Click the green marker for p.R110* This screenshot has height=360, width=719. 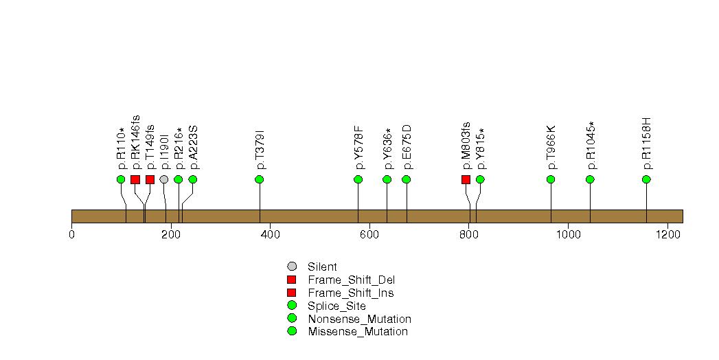(121, 179)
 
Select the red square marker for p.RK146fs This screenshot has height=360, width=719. (135, 179)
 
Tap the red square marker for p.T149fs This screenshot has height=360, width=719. (150, 179)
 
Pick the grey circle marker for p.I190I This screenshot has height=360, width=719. (164, 179)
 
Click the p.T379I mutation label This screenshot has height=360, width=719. (260, 150)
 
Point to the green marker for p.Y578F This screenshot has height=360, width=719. (358, 179)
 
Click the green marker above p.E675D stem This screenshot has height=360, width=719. (407, 179)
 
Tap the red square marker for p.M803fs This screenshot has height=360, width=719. (466, 179)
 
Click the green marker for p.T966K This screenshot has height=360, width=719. (551, 179)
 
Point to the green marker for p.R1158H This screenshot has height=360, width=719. (646, 179)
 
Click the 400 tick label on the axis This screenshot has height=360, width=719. (270, 235)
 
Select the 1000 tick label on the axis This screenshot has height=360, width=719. (568, 235)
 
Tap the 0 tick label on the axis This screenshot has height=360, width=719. (72, 235)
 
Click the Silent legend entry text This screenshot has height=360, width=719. (322, 267)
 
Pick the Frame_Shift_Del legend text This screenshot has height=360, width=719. (351, 280)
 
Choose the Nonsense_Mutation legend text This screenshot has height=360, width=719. (360, 319)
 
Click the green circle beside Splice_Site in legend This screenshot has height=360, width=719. (292, 306)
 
